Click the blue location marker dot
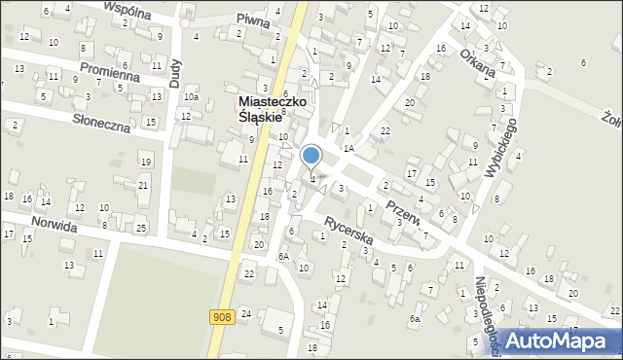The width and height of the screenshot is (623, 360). (311, 155)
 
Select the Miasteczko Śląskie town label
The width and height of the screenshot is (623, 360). (260, 109)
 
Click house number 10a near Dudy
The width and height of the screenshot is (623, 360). (193, 96)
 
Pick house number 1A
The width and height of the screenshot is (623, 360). (347, 148)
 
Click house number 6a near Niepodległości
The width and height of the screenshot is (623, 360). (416, 319)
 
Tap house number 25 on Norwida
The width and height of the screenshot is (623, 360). (140, 228)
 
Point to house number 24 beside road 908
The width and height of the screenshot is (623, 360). (246, 313)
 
